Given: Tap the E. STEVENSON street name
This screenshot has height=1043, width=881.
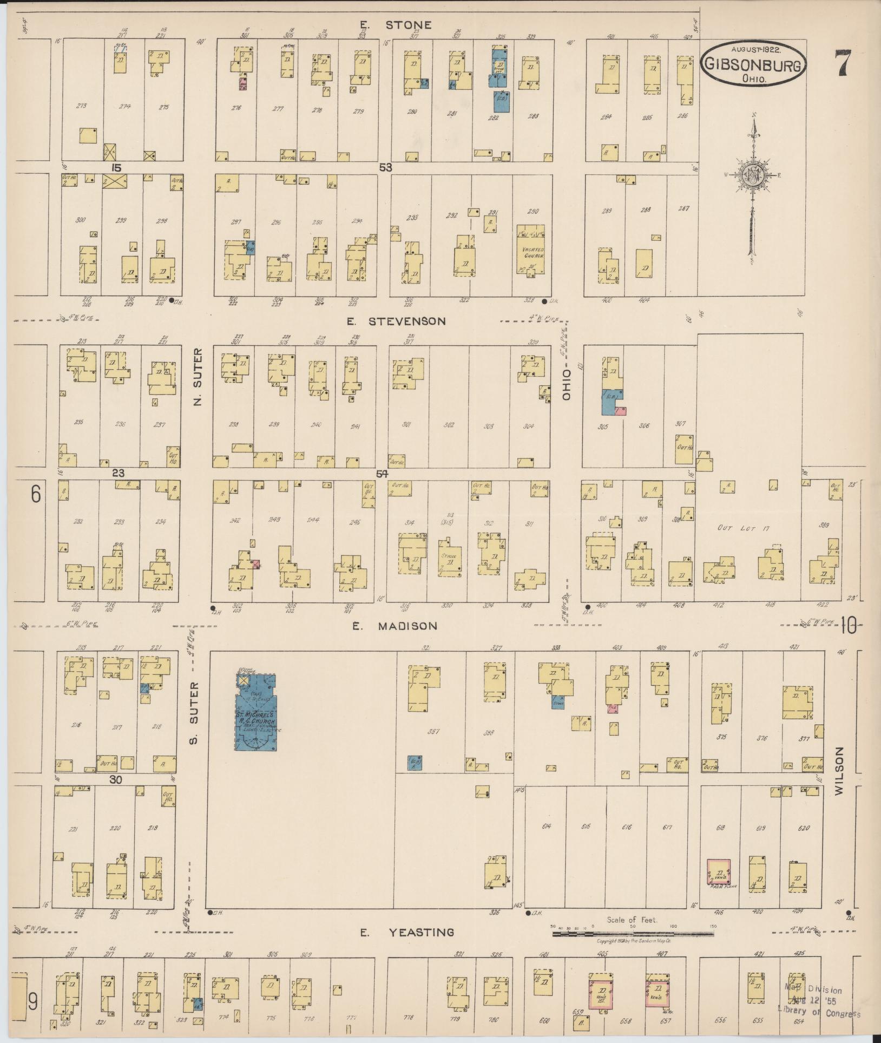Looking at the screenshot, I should [397, 322].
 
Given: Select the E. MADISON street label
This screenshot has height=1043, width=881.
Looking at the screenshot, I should [395, 626].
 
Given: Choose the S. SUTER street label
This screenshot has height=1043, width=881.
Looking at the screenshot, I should [194, 713].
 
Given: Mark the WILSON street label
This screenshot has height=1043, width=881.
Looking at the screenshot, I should [839, 771].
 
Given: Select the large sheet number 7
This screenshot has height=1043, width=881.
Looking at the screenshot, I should [843, 63].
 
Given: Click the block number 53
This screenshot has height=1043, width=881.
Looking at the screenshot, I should [385, 168].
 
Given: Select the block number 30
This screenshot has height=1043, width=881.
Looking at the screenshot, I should [116, 779].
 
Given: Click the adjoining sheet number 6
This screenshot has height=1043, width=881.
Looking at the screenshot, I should [36, 494].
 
